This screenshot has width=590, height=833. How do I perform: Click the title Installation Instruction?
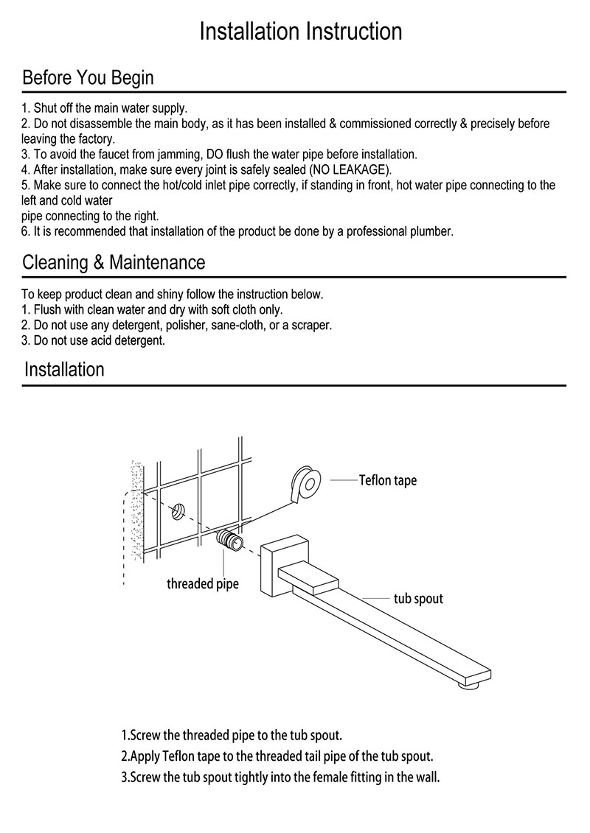[301, 31]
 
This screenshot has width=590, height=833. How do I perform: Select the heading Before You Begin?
[88, 77]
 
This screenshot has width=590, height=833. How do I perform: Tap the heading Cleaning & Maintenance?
[114, 261]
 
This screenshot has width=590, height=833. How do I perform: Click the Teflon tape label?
[387, 481]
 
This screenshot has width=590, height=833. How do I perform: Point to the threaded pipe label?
[202, 585]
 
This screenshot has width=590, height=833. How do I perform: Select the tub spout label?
[418, 598]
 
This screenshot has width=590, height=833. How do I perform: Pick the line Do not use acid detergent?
[94, 340]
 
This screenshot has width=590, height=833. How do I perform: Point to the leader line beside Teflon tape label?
[343, 480]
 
